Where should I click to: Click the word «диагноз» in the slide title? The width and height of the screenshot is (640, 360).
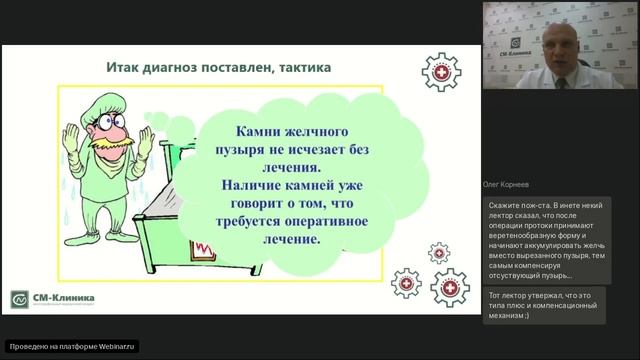click(x=188, y=68)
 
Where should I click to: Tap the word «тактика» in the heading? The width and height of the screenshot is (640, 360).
click(x=297, y=68)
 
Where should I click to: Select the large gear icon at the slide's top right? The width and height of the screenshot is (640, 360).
click(x=440, y=75)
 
